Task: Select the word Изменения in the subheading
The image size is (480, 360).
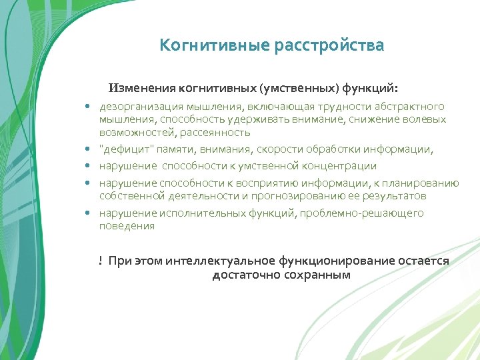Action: pos(142,88)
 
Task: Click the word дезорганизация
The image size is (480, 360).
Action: pos(138,107)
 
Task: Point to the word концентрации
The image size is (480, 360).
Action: pos(339,166)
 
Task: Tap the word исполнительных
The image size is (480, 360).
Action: pos(195,213)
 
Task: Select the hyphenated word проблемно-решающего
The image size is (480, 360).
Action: pos(362,213)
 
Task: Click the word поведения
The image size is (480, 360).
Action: pos(127,226)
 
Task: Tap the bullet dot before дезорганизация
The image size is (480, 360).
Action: pos(87,107)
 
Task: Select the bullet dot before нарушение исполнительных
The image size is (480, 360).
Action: pos(87,213)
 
